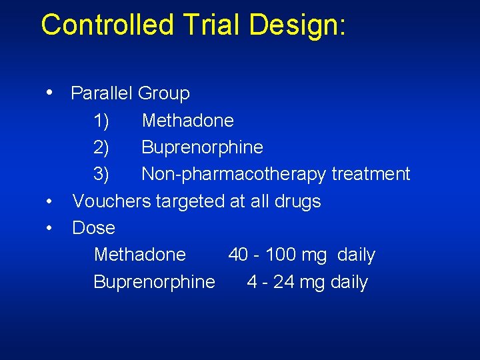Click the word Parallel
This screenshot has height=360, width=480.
[101, 93]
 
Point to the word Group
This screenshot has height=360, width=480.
[164, 94]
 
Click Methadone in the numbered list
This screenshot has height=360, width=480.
[188, 121]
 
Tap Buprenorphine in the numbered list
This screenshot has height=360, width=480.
[202, 147]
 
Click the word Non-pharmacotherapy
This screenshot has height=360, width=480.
[233, 175]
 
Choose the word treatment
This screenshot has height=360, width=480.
[371, 174]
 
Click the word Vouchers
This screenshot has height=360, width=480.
[111, 201]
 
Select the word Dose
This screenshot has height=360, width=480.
[93, 228]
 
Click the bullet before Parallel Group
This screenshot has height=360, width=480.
[50, 92]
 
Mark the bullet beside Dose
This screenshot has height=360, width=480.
[50, 227]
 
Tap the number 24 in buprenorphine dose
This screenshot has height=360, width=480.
[284, 282]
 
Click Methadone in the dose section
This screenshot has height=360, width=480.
[140, 255]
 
